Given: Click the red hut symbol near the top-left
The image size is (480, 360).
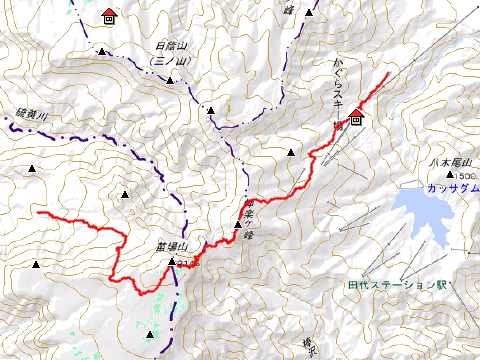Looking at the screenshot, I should click(x=108, y=17).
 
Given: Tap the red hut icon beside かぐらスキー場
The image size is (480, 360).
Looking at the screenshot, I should click(x=356, y=116).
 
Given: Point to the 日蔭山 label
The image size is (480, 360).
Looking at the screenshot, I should click(x=172, y=47).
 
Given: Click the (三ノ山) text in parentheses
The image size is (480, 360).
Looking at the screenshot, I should click(x=172, y=61).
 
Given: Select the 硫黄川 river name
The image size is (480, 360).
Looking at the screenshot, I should click(x=31, y=116).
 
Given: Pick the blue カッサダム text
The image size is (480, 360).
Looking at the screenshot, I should click(x=437, y=187).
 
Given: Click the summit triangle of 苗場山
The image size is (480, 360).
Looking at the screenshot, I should click(x=171, y=262).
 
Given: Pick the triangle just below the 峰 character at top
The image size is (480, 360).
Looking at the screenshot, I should click(x=309, y=14).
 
